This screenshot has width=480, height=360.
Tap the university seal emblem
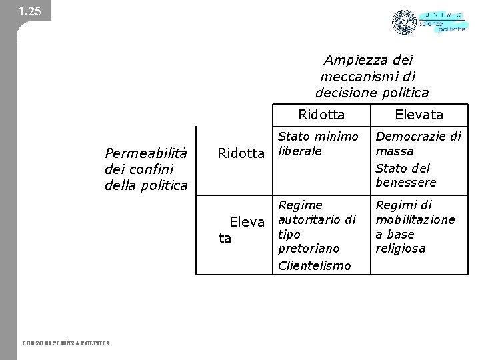[x=404, y=23]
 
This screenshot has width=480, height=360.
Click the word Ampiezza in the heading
[x=351, y=59]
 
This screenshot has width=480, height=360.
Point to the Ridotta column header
[x=321, y=115]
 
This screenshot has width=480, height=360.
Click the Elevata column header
[x=419, y=115]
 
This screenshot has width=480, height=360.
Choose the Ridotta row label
[x=241, y=153]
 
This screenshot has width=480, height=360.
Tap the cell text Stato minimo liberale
[x=317, y=144]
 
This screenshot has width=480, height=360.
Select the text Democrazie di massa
[x=417, y=144]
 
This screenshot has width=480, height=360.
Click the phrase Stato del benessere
[x=405, y=175]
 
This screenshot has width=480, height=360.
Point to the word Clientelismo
[x=314, y=265]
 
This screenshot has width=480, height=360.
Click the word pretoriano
[x=309, y=248]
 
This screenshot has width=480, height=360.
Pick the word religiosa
[x=400, y=249]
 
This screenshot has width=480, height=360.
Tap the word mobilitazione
[x=415, y=219]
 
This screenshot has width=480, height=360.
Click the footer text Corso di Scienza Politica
[x=67, y=343]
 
